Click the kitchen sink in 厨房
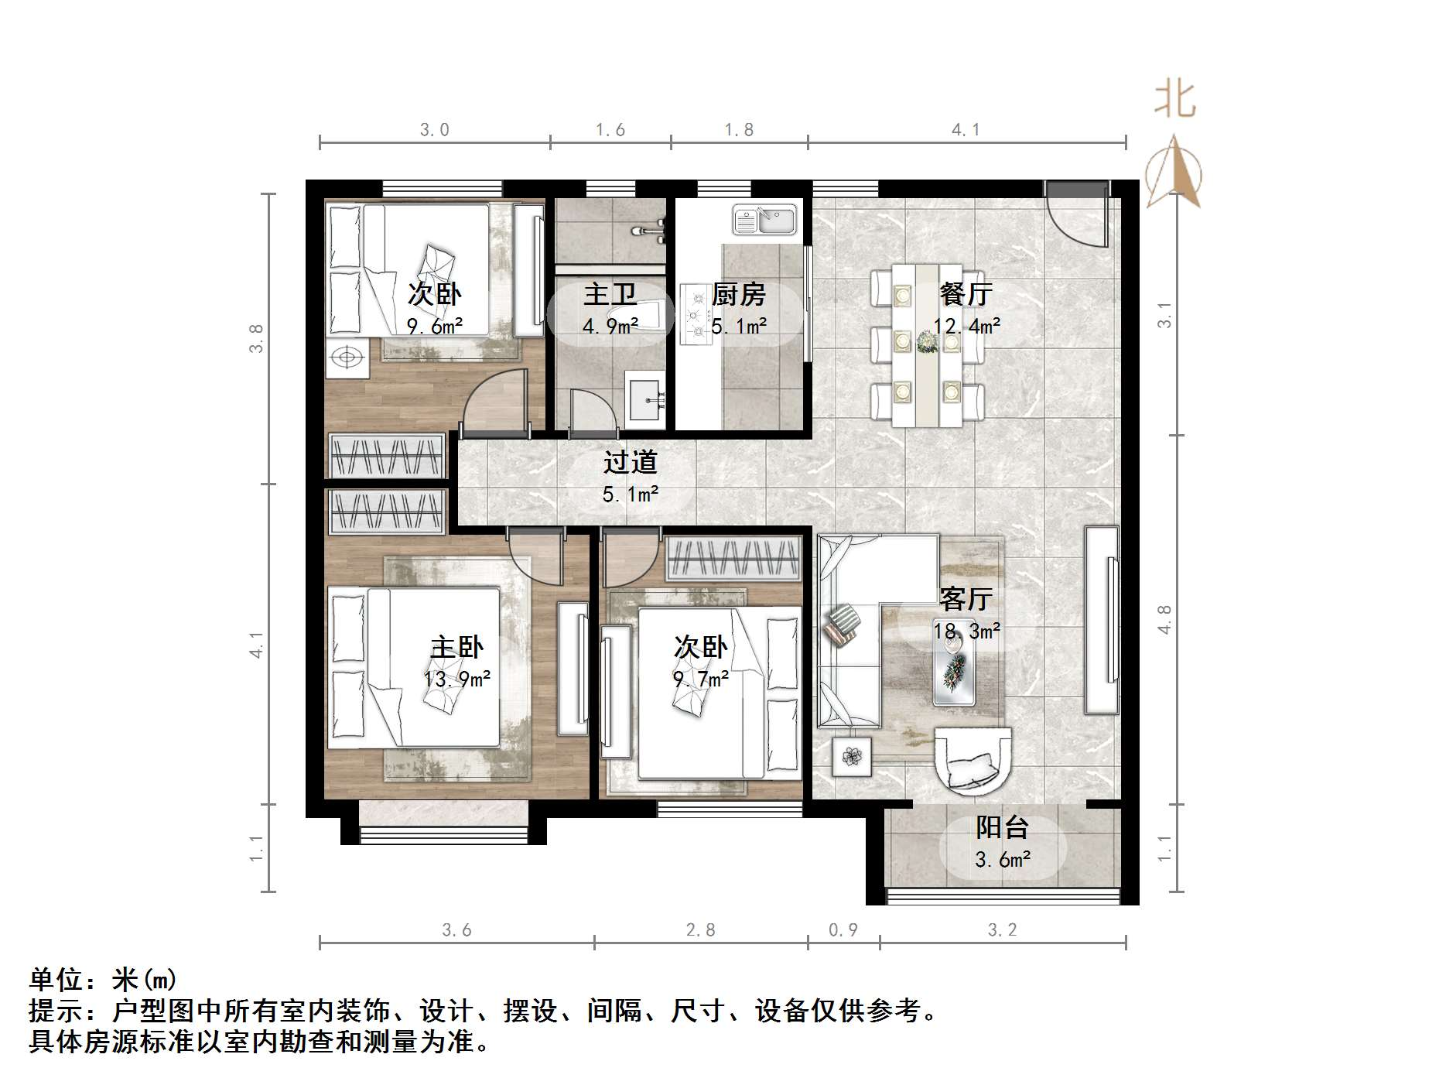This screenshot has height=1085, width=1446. pos(764,219)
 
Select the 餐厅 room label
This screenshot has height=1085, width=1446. pos(966,294)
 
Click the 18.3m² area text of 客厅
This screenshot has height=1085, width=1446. pos(966,631)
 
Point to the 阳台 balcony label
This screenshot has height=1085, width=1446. pos(1001,827)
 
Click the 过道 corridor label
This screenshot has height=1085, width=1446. pos(631,462)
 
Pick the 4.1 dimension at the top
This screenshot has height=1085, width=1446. pos(966,130)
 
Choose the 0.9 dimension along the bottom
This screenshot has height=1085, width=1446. pos(843,929)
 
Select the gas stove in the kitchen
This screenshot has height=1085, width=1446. pos(694,314)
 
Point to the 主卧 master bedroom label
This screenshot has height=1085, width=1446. pos(456,647)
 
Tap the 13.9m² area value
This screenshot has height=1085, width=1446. pos(456,679)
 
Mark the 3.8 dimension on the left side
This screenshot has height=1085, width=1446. pos(256,338)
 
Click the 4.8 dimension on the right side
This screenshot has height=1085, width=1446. pos(1164,619)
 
